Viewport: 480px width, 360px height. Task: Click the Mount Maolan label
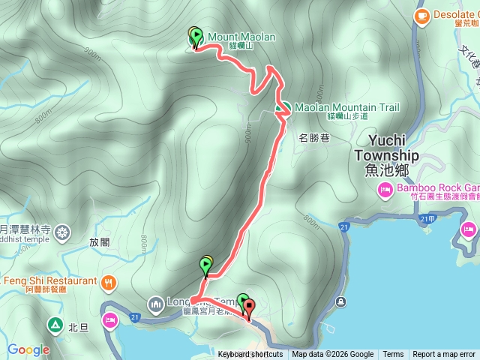pyautogui.click(x=241, y=37)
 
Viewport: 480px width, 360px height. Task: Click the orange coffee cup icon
pyautogui.click(x=422, y=14)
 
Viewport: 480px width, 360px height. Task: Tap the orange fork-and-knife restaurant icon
pyautogui.click(x=109, y=281)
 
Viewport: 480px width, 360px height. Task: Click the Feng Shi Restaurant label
pyautogui.click(x=49, y=281)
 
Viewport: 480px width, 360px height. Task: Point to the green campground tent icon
pyautogui.click(x=55, y=325)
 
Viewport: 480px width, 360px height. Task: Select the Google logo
pyautogui.click(x=28, y=349)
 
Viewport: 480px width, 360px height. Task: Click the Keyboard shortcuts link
pyautogui.click(x=250, y=355)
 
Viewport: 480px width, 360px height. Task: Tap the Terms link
pyautogui.click(x=393, y=355)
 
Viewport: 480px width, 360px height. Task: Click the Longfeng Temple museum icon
pyautogui.click(x=155, y=304)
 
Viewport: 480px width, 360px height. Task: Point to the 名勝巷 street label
pyautogui.click(x=315, y=138)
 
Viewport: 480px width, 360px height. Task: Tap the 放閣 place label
pyautogui.click(x=99, y=222)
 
